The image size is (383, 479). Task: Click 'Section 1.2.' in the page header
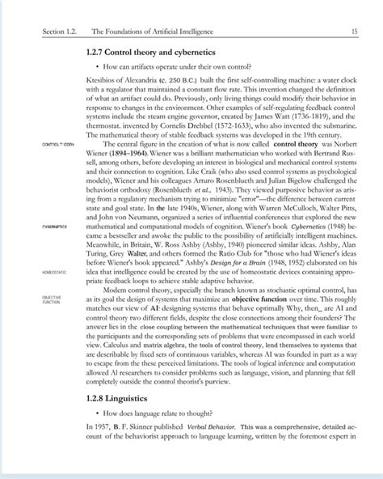pyautogui.click(x=45, y=32)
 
